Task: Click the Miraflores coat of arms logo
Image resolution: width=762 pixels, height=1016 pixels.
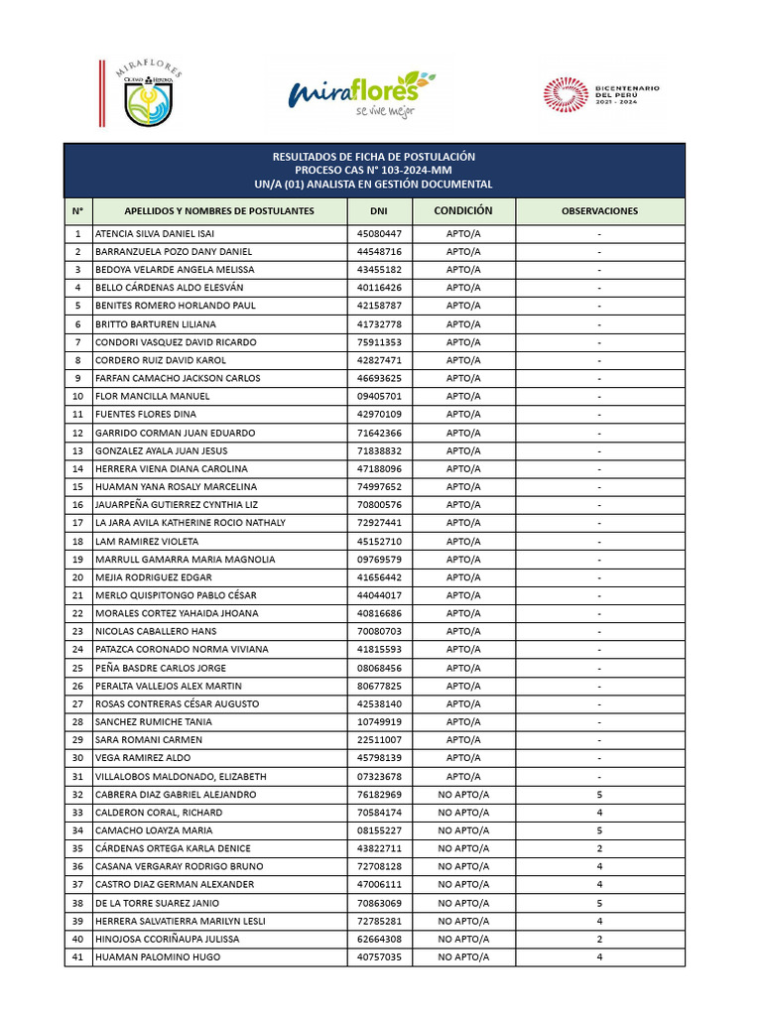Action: pyautogui.click(x=152, y=95)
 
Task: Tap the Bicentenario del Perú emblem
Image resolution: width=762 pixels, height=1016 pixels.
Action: pyautogui.click(x=601, y=95)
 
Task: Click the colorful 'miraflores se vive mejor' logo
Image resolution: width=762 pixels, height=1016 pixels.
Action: pyautogui.click(x=353, y=94)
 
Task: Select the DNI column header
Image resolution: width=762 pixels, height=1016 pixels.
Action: pyautogui.click(x=379, y=211)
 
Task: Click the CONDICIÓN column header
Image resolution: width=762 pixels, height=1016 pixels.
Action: pyautogui.click(x=463, y=211)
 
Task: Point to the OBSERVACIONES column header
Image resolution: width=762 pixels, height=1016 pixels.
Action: pyautogui.click(x=599, y=211)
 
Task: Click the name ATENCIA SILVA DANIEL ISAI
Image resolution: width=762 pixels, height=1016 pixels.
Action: pyautogui.click(x=154, y=234)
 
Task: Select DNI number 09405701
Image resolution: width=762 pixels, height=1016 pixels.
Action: pyautogui.click(x=379, y=396)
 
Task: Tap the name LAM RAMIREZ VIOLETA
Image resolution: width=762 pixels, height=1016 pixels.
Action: pyautogui.click(x=146, y=541)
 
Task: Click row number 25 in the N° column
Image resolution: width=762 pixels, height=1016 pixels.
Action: pyautogui.click(x=77, y=668)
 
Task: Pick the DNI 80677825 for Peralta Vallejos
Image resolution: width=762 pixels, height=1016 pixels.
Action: pyautogui.click(x=379, y=686)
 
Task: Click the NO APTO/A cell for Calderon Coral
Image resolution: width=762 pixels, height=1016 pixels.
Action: pyautogui.click(x=463, y=813)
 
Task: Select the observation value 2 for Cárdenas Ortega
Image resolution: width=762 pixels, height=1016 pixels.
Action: pyautogui.click(x=599, y=848)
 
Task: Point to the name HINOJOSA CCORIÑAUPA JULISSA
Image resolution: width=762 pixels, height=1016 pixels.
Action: pyautogui.click(x=168, y=939)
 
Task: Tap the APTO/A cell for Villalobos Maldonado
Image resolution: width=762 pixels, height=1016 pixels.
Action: pyautogui.click(x=463, y=776)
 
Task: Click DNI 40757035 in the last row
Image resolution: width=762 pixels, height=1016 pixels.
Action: pyautogui.click(x=379, y=956)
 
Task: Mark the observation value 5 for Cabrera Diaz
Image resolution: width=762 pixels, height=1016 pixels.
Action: pyautogui.click(x=599, y=795)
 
